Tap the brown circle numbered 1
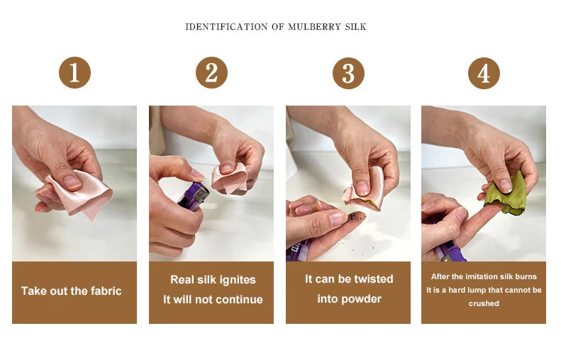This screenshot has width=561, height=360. pyautogui.click(x=74, y=72)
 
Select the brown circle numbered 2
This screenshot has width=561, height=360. pyautogui.click(x=211, y=72)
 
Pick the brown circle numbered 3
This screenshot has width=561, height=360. pyautogui.click(x=348, y=73)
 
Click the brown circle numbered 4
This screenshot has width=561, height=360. pyautogui.click(x=484, y=73)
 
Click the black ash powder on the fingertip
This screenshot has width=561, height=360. pyautogui.click(x=356, y=215)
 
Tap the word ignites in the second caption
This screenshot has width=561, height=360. pyautogui.click(x=238, y=280)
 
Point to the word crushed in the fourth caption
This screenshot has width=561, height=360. pyautogui.click(x=484, y=303)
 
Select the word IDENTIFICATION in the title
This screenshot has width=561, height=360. pyautogui.click(x=226, y=27)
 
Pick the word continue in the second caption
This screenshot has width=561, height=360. pyautogui.click(x=239, y=300)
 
